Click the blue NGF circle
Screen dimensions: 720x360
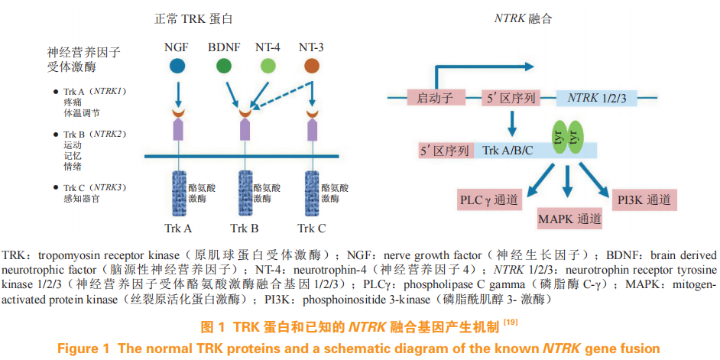pos(177,66)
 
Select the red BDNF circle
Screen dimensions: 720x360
pos(224,66)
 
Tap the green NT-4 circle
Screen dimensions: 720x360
pos(268,66)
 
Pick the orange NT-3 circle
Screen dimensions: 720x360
pos(312,66)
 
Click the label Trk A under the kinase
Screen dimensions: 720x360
pos(178,228)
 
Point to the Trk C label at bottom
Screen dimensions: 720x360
pos(312,228)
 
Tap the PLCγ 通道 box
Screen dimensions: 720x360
pos(489,200)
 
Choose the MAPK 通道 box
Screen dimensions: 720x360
pos(569,218)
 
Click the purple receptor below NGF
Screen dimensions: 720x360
pos(177,130)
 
